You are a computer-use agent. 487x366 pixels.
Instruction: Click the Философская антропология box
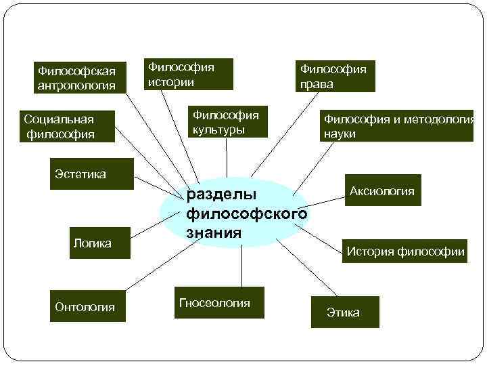pyautogui.click(x=76, y=77)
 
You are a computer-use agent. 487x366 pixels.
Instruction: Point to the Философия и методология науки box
pyautogui.click(x=397, y=126)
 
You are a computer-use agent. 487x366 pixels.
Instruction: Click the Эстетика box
pyautogui.click(x=80, y=174)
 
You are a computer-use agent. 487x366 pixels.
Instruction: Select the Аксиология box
pyautogui.click(x=381, y=191)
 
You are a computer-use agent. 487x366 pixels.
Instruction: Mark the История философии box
pyautogui.click(x=405, y=251)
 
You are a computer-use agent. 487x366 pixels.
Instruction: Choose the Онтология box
pyautogui.click(x=85, y=307)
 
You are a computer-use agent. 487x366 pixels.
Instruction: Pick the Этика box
pyautogui.click(x=343, y=312)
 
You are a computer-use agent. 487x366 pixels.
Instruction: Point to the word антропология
pyautogui.click(x=76, y=85)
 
